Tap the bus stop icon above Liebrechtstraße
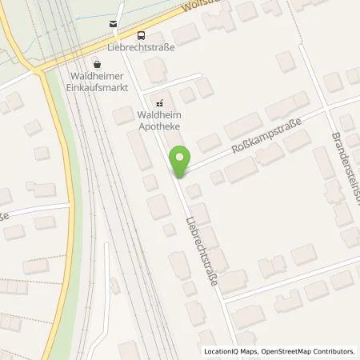[x=141, y=34]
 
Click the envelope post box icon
[x=114, y=25]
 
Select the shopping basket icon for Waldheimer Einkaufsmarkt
[x=98, y=65]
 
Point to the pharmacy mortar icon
[x=158, y=103]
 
